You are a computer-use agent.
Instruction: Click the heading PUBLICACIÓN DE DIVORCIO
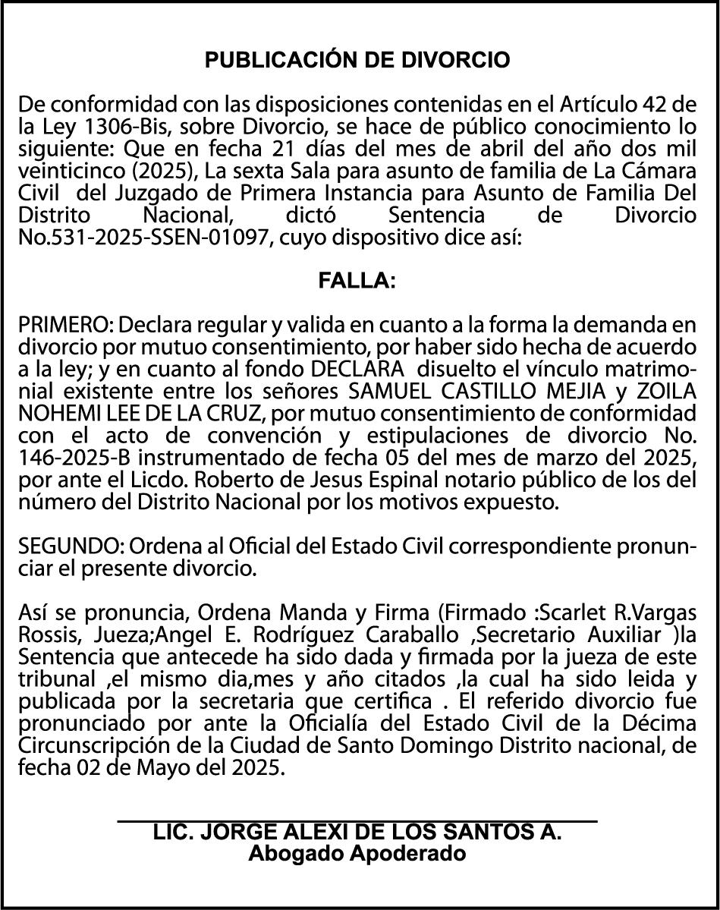pyautogui.click(x=358, y=60)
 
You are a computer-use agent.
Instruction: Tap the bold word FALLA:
pyautogui.click(x=357, y=281)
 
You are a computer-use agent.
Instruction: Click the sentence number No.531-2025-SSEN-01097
pyautogui.click(x=144, y=237)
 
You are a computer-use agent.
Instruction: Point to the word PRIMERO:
pyautogui.click(x=65, y=326)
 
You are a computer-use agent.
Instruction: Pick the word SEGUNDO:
pyautogui.click(x=71, y=546)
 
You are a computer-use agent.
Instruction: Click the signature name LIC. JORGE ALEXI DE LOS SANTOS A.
pyautogui.click(x=357, y=832)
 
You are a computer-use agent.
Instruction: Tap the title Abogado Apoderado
pyautogui.click(x=357, y=853)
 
